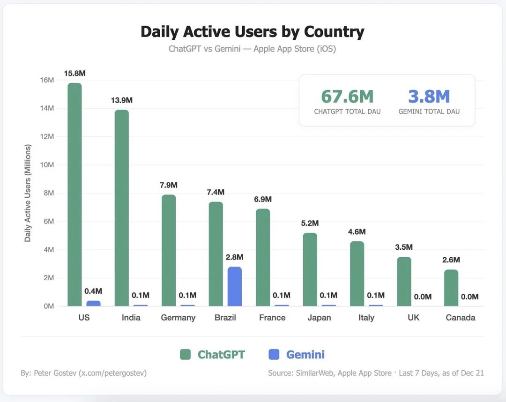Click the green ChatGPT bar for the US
pos(74,194)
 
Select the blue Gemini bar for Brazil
pos(234,286)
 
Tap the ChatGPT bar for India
pos(121,208)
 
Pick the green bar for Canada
pos(451,288)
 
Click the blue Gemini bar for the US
pos(93,303)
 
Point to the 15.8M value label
pos(74,74)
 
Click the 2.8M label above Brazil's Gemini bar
pos(234,257)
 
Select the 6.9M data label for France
pos(263,200)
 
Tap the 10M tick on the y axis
pos(48,165)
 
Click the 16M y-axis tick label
pos(48,80)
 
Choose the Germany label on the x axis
pos(178,318)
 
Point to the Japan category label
pos(319,318)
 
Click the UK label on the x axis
pos(413,318)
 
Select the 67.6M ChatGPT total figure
pos(347,97)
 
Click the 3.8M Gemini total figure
pos(429,97)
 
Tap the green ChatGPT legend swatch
pos(186,355)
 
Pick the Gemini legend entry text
pos(305,355)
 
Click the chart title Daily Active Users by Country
pos(252,32)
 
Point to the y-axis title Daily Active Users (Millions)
pos(28,193)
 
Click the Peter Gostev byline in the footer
pos(83,373)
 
